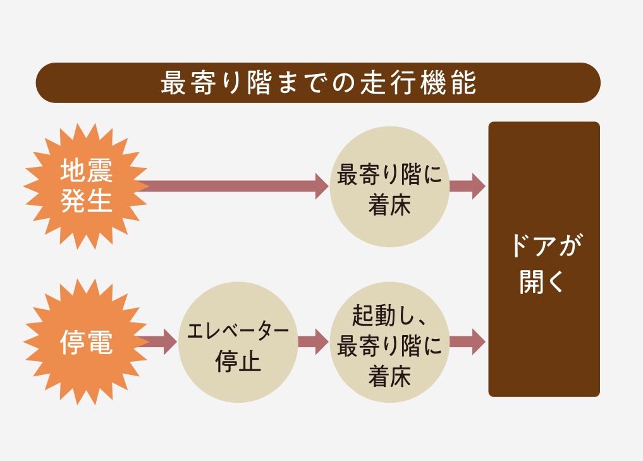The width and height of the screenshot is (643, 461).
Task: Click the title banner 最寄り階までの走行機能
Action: click(x=317, y=83)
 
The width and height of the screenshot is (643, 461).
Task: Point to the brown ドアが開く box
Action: click(x=544, y=259)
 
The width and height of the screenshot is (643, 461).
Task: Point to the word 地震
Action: click(x=86, y=171)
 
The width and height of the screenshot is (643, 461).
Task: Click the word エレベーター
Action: click(x=238, y=331)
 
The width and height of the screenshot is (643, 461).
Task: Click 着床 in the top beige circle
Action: click(x=389, y=207)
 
